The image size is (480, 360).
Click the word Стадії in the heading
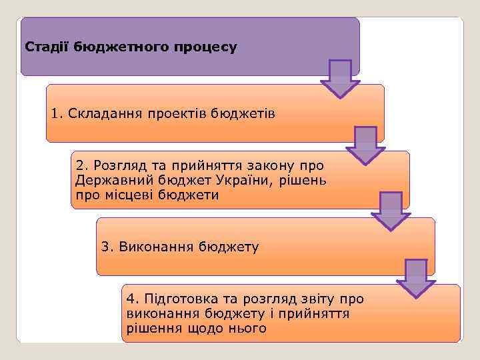(x=47, y=47)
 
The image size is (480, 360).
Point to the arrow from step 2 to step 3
(x=391, y=211)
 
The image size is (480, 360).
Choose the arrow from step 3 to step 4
(x=416, y=277)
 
